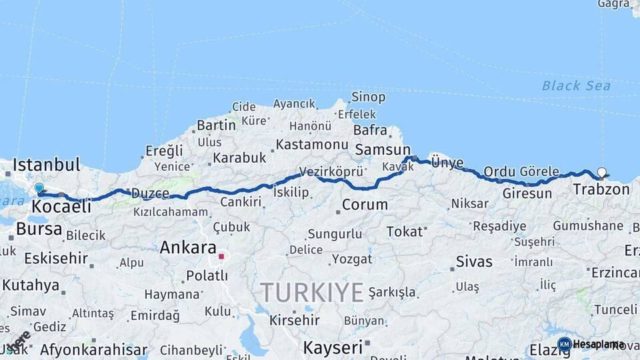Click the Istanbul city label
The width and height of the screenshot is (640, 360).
(x=46, y=164)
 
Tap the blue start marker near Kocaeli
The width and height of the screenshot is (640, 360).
(x=39, y=189)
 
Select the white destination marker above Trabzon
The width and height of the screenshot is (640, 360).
(x=602, y=173)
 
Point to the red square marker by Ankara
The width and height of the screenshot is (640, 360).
(x=221, y=256)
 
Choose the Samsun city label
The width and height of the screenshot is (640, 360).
(x=383, y=150)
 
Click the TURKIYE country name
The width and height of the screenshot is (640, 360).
(x=312, y=292)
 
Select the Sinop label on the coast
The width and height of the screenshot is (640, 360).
(x=368, y=97)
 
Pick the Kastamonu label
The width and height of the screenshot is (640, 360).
(x=312, y=145)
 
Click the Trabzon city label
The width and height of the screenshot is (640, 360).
(x=601, y=189)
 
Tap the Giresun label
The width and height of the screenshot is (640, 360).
(x=527, y=194)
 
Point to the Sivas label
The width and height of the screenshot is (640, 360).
(x=474, y=261)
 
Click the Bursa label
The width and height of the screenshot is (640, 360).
(x=39, y=230)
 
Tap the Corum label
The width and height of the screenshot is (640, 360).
(x=364, y=205)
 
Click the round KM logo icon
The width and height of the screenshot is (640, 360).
(x=564, y=344)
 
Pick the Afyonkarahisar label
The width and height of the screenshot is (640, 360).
(x=93, y=349)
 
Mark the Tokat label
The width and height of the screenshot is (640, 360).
(x=405, y=231)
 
